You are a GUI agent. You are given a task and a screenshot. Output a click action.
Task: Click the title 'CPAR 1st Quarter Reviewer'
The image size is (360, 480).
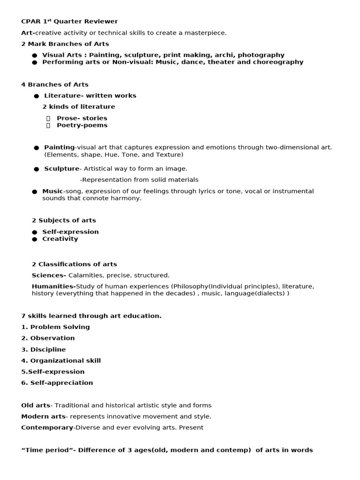pos(69,22)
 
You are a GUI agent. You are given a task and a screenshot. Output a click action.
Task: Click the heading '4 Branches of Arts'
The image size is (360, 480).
pos(55,85)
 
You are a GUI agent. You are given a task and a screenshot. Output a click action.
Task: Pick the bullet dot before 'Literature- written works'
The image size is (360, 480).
pos(36,96)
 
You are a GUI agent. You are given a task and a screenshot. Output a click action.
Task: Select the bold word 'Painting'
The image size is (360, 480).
pos(59,147)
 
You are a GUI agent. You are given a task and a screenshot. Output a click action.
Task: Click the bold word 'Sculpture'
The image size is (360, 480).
pos(61,169)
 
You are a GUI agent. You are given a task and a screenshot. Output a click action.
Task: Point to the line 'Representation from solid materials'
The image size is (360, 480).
pos(140,180)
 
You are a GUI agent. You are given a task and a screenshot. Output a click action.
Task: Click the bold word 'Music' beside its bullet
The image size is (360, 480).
pos(52,191)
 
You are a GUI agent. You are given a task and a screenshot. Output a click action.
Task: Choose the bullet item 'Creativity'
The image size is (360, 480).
pos(60,239)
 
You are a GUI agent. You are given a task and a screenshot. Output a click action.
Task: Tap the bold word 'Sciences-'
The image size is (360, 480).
pos(49,275)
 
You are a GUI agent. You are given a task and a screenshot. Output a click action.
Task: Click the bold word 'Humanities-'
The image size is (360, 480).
pos(53,286)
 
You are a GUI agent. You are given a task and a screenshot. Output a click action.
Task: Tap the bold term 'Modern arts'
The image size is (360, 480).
pos(43,416)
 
